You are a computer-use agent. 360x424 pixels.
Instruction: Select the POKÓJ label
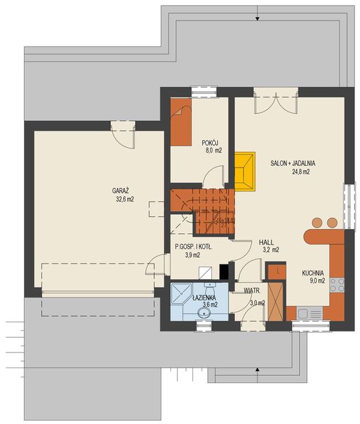pyautogui.click(x=209, y=142)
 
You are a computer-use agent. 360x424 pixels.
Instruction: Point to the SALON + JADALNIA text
pyautogui.click(x=292, y=163)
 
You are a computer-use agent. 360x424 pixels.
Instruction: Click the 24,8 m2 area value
pyautogui.click(x=292, y=172)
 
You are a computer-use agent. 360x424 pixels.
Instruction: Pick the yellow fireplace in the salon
pyautogui.click(x=245, y=171)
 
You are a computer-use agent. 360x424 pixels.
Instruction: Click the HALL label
pyautogui.click(x=266, y=241)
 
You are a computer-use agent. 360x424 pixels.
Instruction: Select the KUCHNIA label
pyautogui.click(x=313, y=272)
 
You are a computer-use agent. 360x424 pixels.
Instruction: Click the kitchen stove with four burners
pyautogui.click(x=337, y=285)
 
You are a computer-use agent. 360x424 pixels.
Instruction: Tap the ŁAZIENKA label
pyautogui.click(x=205, y=298)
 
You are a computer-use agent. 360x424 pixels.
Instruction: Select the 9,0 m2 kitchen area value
pyautogui.click(x=316, y=281)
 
